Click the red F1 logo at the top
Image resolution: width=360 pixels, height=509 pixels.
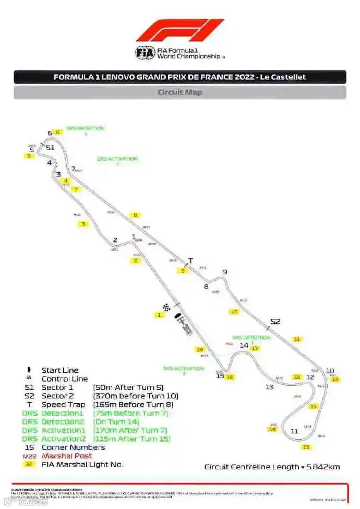(x=180, y=30)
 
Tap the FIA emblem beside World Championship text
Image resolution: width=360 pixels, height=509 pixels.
(x=145, y=53)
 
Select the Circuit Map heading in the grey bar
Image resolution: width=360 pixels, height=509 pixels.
(x=180, y=92)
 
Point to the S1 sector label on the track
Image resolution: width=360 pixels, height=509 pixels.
(x=50, y=148)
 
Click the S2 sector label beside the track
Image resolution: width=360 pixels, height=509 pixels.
(x=275, y=321)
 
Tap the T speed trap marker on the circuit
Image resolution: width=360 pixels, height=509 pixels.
(x=190, y=261)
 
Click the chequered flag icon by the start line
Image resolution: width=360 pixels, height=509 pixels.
(x=167, y=307)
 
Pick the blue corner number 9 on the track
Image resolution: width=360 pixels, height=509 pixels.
(x=225, y=272)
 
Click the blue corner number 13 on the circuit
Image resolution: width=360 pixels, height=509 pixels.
(x=269, y=387)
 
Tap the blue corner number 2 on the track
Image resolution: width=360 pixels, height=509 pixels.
(x=115, y=240)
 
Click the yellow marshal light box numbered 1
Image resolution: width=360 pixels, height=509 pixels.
(x=159, y=315)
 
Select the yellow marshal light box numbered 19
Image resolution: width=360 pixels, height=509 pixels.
(x=199, y=349)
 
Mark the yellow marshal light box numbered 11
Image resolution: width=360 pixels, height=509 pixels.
(x=297, y=340)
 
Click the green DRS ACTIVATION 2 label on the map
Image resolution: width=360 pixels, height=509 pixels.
(x=184, y=369)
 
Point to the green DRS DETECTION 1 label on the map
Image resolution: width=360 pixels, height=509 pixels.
(x=86, y=129)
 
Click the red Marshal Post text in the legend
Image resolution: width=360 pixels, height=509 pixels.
(x=67, y=456)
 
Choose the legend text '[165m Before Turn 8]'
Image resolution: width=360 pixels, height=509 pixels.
(x=133, y=405)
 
